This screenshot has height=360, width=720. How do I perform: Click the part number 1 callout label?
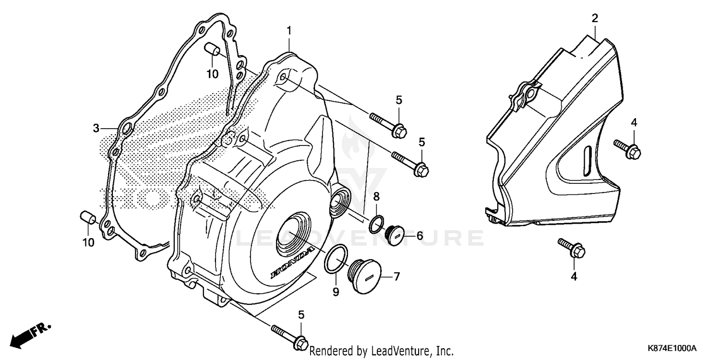289,31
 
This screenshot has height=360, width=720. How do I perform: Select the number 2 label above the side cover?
595,19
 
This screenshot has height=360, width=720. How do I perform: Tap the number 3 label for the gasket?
96,128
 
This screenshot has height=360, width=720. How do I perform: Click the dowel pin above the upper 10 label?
212,49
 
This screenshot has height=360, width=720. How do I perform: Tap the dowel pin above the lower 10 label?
87,216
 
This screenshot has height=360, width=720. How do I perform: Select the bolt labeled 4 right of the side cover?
628,148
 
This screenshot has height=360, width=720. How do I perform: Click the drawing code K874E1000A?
671,348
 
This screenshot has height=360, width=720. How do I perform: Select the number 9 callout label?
336,292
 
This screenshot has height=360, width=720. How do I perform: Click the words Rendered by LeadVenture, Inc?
381,351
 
